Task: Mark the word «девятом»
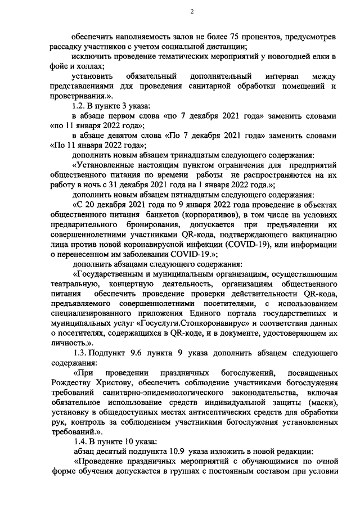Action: point(125,137)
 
